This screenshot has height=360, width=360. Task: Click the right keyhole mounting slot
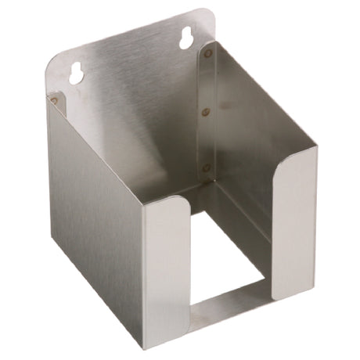pos(187,38)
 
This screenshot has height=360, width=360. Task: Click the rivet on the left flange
pos(53,99)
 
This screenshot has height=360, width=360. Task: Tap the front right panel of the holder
pos(296,235)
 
